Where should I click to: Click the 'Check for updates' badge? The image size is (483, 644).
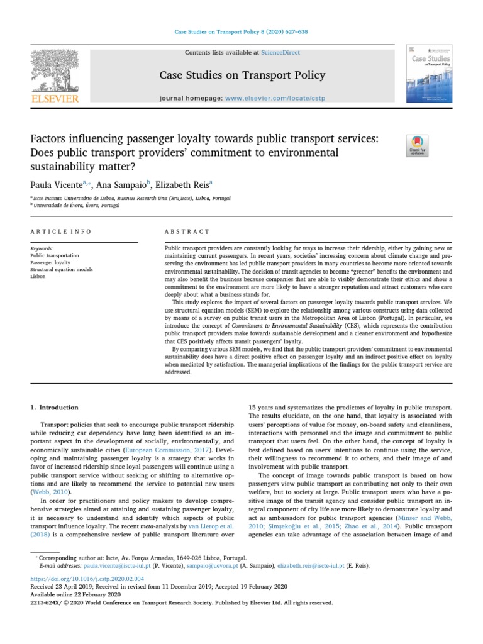(x=418, y=145)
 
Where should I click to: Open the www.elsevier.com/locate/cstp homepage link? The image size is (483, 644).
(x=270, y=99)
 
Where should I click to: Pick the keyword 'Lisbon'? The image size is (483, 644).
(x=38, y=276)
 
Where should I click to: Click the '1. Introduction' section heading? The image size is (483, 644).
(x=55, y=408)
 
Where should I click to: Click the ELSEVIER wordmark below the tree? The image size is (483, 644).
(x=55, y=99)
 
